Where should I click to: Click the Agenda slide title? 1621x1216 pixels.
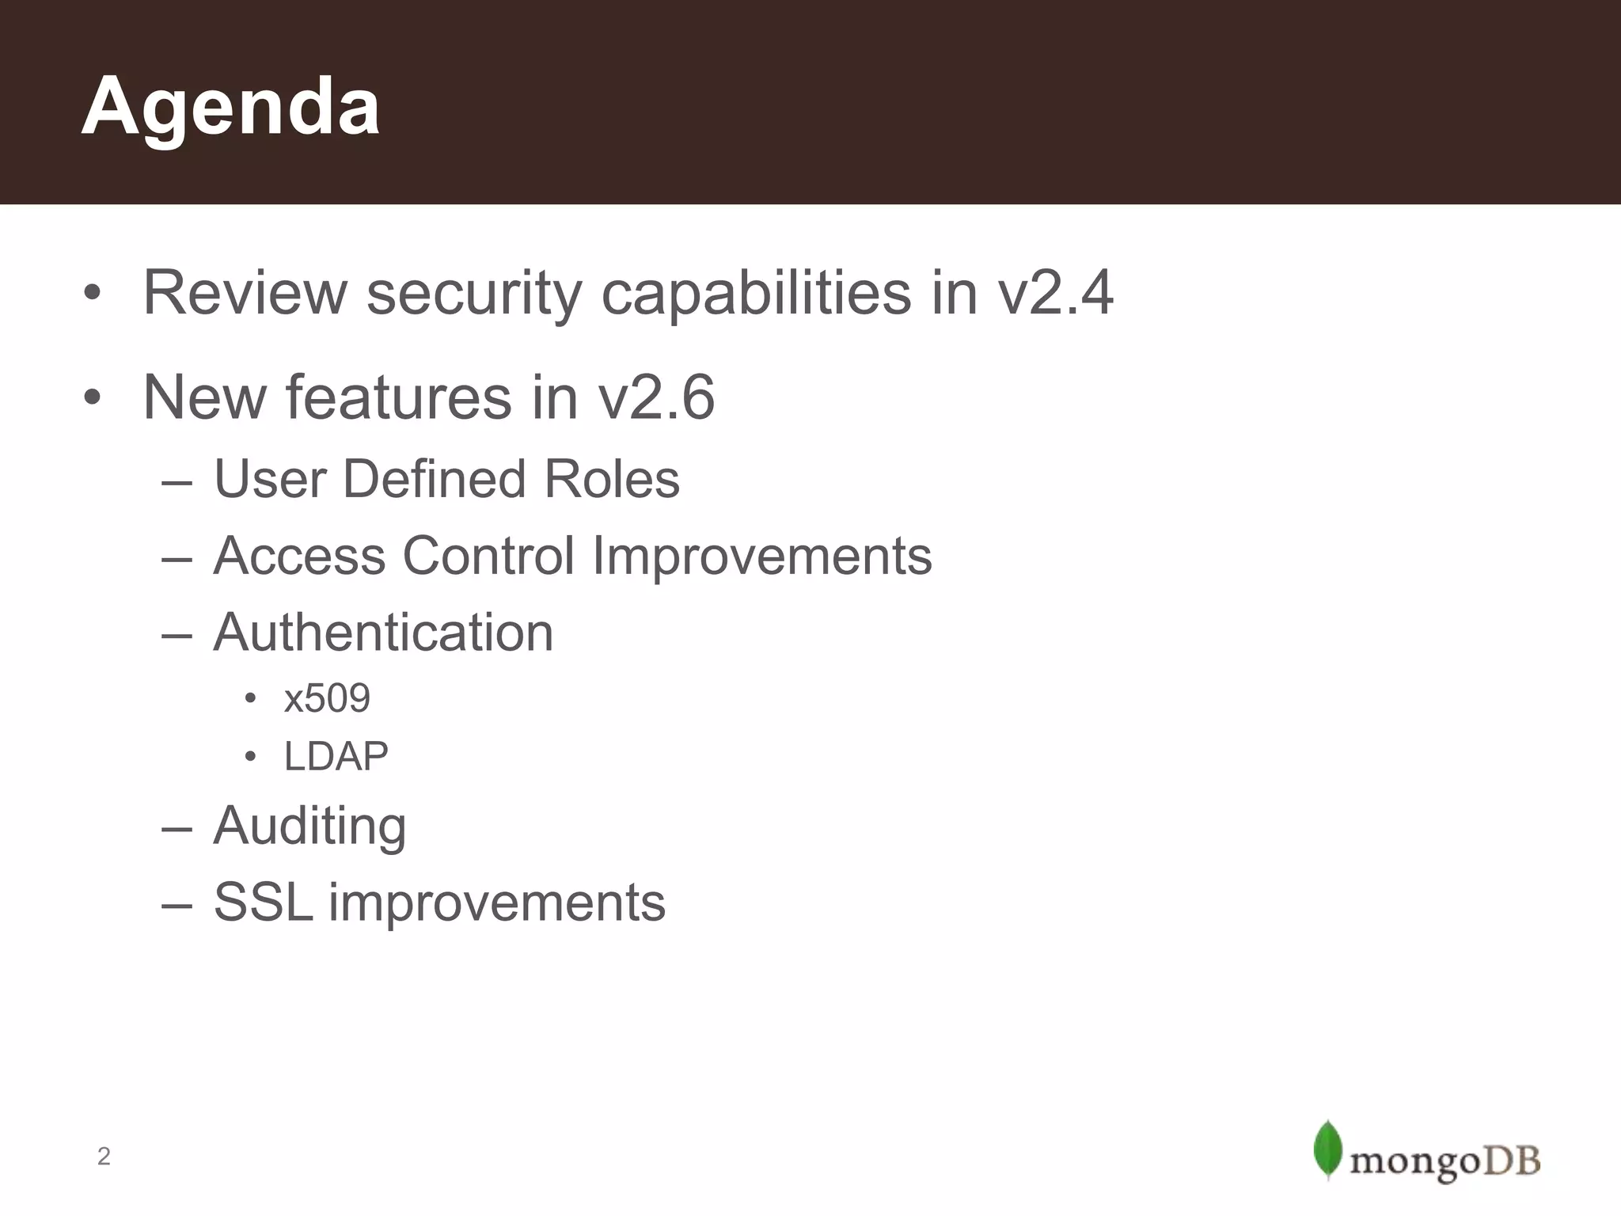[x=230, y=107]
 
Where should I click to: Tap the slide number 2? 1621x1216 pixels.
[x=104, y=1157]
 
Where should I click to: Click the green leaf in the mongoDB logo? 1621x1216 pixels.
[x=1327, y=1149]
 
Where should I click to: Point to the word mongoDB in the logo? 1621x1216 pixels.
[x=1444, y=1161]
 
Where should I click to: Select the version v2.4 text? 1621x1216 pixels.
[x=1055, y=293]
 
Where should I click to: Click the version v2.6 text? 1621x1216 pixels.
[x=656, y=397]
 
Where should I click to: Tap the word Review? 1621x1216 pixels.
[x=245, y=293]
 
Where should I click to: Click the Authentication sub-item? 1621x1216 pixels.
[x=383, y=633]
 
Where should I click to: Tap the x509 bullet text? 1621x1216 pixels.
[x=327, y=698]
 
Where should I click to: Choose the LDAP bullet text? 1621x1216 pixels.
[x=336, y=756]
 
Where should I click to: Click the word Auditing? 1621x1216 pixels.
[x=309, y=826]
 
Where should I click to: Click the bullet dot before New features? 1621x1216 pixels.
[x=93, y=397]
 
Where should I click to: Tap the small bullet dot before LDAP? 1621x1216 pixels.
[x=250, y=757]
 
